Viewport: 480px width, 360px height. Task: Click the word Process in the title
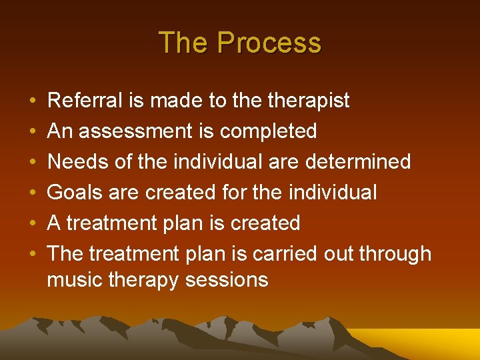coord(269,43)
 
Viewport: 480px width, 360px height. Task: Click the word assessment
coord(137,131)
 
